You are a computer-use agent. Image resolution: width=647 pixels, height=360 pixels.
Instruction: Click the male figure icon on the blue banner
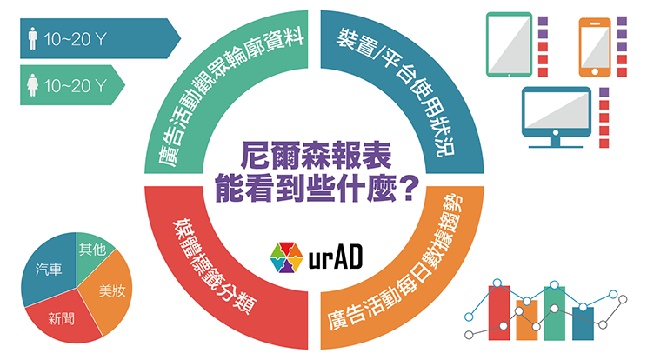(x=32, y=38)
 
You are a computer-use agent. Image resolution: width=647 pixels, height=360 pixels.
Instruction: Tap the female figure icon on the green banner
(x=32, y=85)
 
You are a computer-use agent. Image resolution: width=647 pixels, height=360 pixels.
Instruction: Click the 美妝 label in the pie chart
(x=112, y=290)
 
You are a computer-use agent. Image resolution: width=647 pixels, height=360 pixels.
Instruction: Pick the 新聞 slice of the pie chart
(x=62, y=317)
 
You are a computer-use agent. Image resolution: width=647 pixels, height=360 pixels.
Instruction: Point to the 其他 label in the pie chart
(x=93, y=249)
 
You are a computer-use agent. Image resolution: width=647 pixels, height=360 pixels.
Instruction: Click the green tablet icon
(x=510, y=44)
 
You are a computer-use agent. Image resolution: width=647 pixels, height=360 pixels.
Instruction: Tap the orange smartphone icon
(x=595, y=48)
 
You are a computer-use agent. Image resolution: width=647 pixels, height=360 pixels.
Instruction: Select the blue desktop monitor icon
(x=556, y=117)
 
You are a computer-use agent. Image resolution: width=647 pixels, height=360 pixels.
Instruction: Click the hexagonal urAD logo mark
(x=287, y=257)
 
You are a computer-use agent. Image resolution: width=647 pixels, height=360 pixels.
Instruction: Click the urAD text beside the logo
(x=336, y=257)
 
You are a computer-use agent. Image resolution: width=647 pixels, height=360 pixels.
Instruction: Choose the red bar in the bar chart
(x=499, y=312)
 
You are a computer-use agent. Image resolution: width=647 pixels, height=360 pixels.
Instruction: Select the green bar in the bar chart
(x=554, y=313)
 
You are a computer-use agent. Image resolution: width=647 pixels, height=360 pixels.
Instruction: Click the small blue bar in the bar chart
(x=583, y=323)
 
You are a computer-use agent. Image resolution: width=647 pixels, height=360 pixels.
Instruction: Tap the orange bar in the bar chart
(x=527, y=320)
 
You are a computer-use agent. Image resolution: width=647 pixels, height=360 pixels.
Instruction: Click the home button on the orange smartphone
(x=595, y=72)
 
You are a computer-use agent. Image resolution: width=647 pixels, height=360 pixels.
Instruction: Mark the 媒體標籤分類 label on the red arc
(x=214, y=266)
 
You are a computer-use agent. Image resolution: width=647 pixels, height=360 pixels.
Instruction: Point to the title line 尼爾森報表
(x=316, y=156)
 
